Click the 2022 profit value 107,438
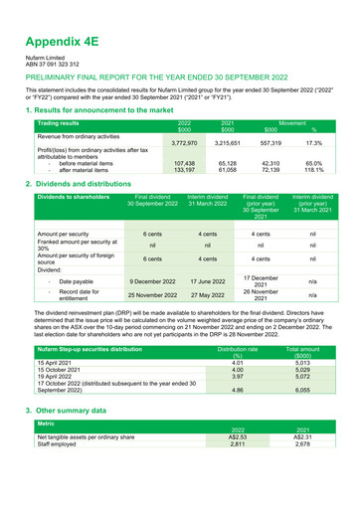point(183,163)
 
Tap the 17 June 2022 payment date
point(207,281)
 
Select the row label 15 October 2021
point(61,371)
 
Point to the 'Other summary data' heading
point(80,410)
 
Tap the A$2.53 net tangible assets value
point(237,436)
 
